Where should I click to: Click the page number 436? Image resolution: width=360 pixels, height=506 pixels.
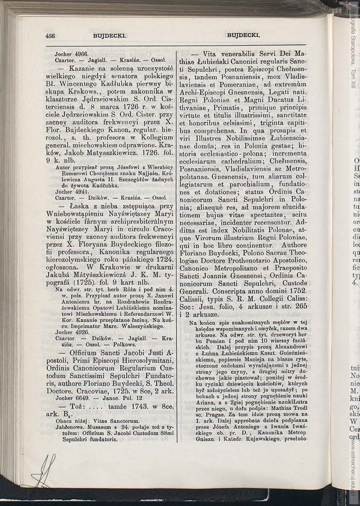(50, 36)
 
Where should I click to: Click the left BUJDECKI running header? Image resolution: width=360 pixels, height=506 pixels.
(110, 36)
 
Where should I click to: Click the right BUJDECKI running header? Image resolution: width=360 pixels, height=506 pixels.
(244, 36)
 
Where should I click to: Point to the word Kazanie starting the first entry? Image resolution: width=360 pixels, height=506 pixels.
(78, 68)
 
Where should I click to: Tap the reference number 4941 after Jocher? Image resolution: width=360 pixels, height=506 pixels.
(81, 192)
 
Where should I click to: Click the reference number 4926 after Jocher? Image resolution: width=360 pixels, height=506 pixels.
(81, 332)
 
